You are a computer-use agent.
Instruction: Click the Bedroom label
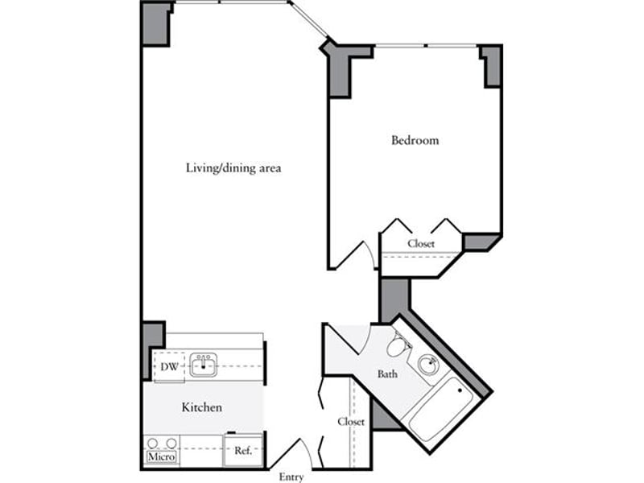[x=415, y=140]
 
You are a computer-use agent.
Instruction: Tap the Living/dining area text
[x=233, y=168]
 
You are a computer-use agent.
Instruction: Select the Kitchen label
[x=202, y=407]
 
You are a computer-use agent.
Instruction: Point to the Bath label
[x=387, y=374]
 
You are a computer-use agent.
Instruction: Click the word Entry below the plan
[x=291, y=477]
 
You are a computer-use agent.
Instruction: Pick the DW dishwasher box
[x=169, y=366]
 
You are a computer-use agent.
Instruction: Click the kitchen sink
[x=203, y=365]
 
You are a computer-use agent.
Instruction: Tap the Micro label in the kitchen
[x=162, y=456]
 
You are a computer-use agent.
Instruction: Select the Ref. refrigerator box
[x=243, y=451]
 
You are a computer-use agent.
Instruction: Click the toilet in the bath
[x=397, y=345]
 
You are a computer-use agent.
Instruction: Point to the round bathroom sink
[x=428, y=365]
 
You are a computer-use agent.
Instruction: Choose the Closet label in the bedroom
[x=421, y=244]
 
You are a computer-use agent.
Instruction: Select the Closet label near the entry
[x=351, y=421]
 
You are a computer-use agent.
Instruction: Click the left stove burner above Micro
[x=153, y=444]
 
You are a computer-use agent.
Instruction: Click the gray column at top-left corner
[x=155, y=24]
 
